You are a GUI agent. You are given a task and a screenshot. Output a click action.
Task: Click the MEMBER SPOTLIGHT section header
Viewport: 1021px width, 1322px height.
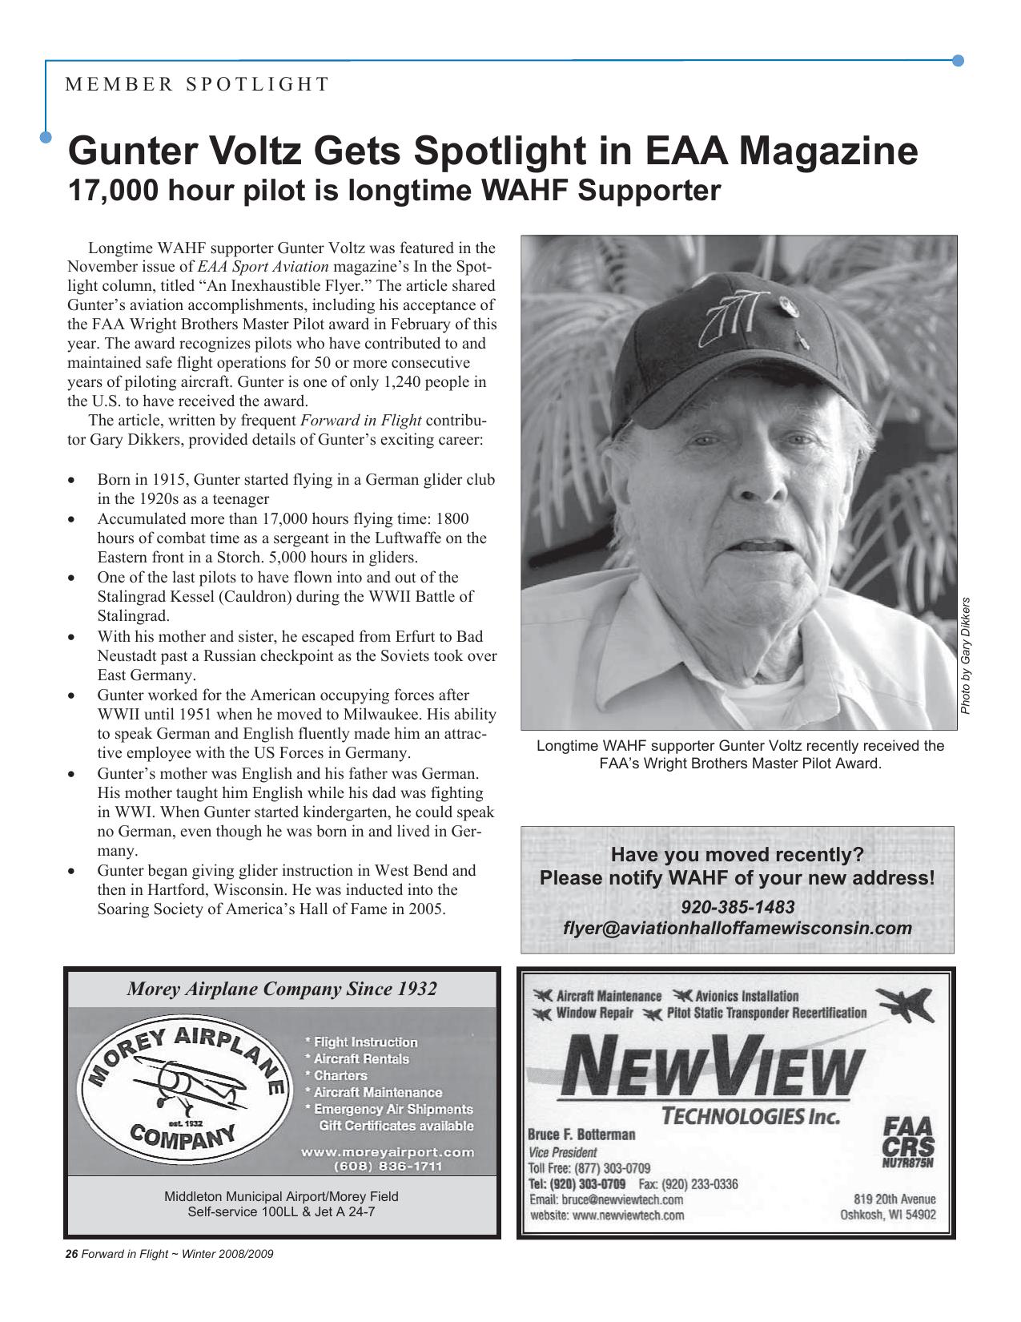197,84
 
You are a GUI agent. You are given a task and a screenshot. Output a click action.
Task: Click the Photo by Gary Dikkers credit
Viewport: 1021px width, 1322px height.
966,655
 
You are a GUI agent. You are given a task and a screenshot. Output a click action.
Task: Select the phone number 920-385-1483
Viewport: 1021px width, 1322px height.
738,907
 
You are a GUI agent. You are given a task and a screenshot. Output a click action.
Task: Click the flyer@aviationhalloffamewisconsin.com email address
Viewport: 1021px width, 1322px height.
738,928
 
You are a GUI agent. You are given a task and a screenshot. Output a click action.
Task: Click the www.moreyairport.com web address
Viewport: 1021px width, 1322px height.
388,1152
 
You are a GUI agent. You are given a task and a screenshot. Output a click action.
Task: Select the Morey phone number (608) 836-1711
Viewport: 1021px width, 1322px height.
388,1167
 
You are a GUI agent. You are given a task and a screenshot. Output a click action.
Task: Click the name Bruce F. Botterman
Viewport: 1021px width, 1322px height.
581,1135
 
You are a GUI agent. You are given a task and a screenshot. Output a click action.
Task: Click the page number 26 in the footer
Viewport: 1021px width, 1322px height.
70,1254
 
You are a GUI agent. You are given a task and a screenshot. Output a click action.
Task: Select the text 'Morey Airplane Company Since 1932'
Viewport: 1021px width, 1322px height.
282,989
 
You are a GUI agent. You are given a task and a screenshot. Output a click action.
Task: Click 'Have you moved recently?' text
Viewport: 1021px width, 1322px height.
738,855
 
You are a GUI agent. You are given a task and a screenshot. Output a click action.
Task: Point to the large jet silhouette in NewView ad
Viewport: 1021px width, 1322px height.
906,1005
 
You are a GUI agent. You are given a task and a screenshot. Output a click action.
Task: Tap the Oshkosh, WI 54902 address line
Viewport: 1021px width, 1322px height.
887,1215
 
